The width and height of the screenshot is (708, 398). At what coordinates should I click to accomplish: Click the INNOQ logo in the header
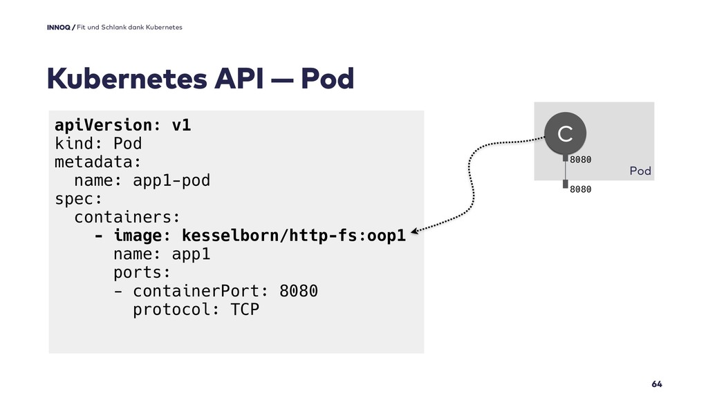[x=59, y=27]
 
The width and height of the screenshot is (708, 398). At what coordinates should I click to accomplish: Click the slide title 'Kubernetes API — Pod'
[x=200, y=79]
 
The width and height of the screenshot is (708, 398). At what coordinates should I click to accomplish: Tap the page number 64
[x=657, y=383]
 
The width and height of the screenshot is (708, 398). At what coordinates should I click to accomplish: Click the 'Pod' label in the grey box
[x=640, y=171]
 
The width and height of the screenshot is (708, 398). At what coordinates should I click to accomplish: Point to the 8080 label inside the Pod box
[x=581, y=160]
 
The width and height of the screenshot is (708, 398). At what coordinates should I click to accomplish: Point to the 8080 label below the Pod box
[x=581, y=188]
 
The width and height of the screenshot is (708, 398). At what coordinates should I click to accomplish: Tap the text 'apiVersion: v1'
[x=123, y=125]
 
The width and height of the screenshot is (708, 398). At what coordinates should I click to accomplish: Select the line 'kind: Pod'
[x=98, y=144]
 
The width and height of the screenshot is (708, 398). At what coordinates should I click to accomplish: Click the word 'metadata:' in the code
[x=98, y=162]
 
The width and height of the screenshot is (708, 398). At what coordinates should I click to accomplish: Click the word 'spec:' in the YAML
[x=78, y=200]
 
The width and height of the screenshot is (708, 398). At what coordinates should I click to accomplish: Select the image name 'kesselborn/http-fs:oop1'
[x=293, y=236]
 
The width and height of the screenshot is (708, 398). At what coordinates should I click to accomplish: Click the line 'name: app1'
[x=161, y=254]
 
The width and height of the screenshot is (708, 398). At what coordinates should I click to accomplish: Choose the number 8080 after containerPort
[x=299, y=291]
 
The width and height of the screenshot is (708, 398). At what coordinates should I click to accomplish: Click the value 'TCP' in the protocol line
[x=245, y=310]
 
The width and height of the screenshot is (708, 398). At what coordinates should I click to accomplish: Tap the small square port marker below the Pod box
[x=565, y=184]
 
